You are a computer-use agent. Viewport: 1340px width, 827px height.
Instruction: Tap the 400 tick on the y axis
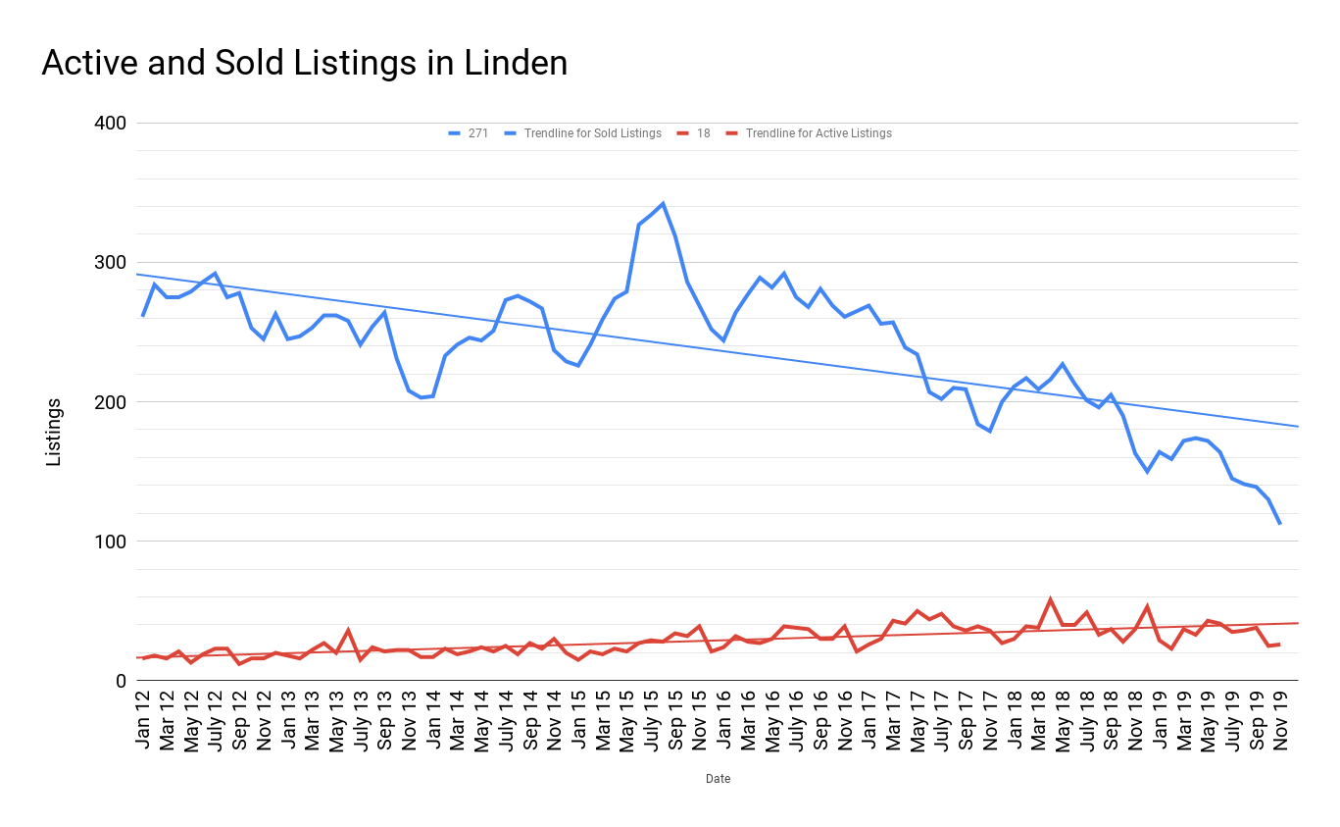[110, 124]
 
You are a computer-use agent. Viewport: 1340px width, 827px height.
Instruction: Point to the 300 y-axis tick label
[110, 263]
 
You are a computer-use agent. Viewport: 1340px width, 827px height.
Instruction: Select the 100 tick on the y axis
[110, 542]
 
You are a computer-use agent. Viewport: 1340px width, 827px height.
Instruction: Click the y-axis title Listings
[54, 432]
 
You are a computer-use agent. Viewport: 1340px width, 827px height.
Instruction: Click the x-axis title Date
[718, 779]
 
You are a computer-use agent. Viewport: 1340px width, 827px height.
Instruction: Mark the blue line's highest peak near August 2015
[663, 203]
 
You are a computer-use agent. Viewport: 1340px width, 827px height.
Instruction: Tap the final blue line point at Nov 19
[1279, 524]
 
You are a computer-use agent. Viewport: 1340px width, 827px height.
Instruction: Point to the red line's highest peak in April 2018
[1050, 599]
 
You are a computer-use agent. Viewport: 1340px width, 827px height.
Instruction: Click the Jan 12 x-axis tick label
[143, 721]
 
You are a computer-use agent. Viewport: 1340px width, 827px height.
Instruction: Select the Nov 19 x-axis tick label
[1279, 721]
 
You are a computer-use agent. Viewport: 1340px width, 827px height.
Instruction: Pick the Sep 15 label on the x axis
[674, 721]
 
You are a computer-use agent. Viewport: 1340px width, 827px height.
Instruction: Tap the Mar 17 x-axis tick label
[892, 721]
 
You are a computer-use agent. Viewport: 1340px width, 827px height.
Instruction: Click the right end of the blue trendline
[1297, 426]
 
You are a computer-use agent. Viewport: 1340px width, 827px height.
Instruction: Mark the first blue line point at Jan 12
[143, 316]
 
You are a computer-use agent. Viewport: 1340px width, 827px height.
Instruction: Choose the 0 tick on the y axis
[120, 681]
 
